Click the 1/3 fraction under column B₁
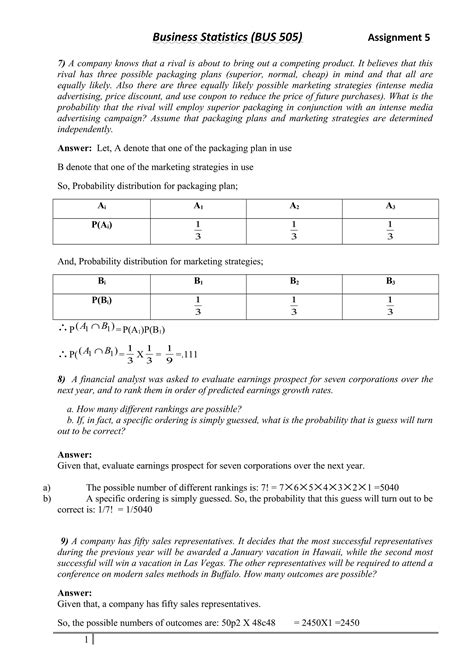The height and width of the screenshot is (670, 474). [198, 307]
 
